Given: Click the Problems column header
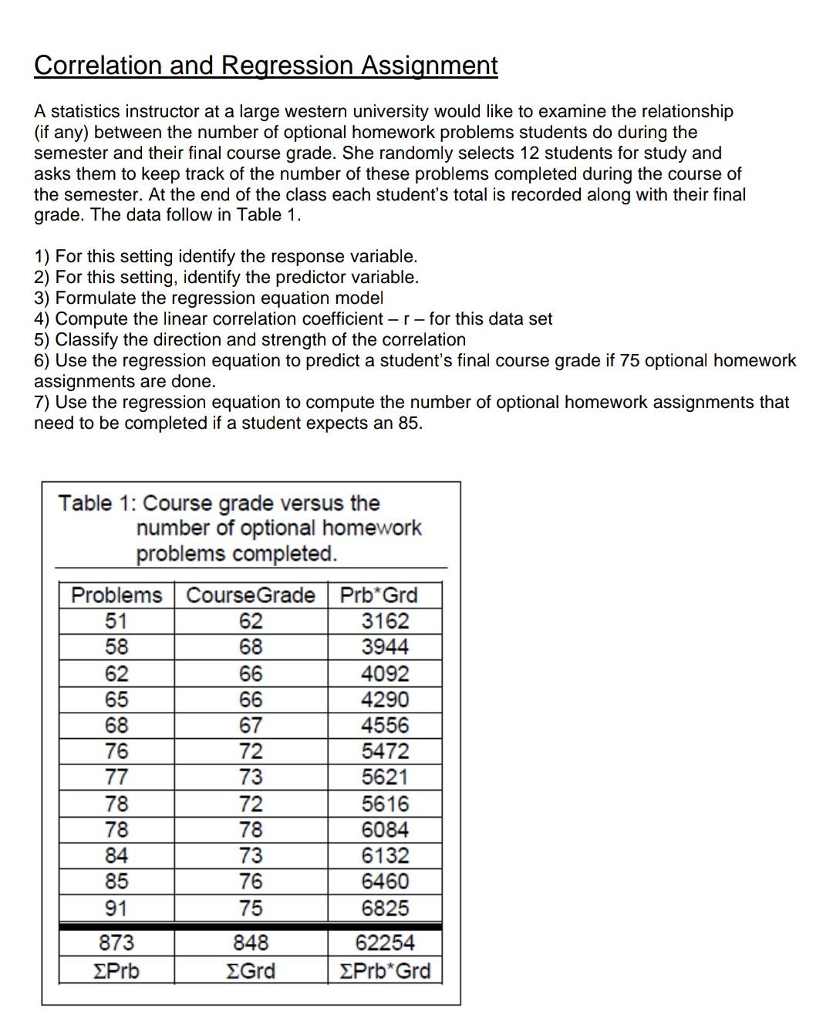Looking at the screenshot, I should pyautogui.click(x=116, y=595).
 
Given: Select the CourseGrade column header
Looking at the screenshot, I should pyautogui.click(x=251, y=595).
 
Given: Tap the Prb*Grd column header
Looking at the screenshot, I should pyautogui.click(x=379, y=595).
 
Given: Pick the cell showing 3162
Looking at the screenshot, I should pyautogui.click(x=386, y=621).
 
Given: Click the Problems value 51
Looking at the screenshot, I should pyautogui.click(x=116, y=621).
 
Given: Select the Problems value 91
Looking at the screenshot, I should pyautogui.click(x=116, y=908).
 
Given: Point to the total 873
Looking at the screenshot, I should pyautogui.click(x=116, y=942).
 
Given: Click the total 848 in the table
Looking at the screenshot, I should pyautogui.click(x=251, y=942).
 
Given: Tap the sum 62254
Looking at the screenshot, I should pyautogui.click(x=385, y=942).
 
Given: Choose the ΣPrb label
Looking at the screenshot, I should pyautogui.click(x=116, y=970).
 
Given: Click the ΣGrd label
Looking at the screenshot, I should pyautogui.click(x=251, y=970).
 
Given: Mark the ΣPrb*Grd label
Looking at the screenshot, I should pyautogui.click(x=385, y=970).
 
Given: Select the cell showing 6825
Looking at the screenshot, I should pyautogui.click(x=386, y=908).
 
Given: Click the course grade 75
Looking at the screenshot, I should pyautogui.click(x=251, y=908).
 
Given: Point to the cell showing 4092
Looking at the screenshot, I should pyautogui.click(x=386, y=673).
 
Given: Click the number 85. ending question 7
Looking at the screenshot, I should pyautogui.click(x=410, y=423).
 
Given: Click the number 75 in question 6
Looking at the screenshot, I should pyautogui.click(x=629, y=361).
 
